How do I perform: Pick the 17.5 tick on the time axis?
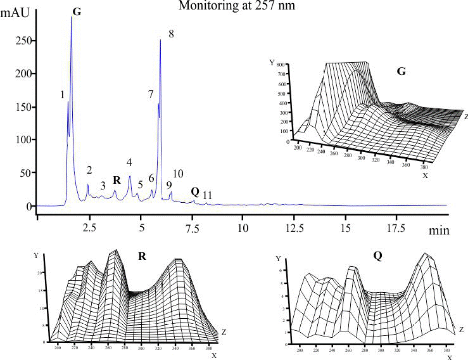pos(395,226)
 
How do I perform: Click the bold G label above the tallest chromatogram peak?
pos(77,12)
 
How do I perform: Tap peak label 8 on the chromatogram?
pos(171,33)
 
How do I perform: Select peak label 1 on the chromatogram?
pos(62,95)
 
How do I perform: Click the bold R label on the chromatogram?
pos(116,179)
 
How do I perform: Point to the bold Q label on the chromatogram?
pos(194,191)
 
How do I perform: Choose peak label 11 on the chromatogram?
pos(207,195)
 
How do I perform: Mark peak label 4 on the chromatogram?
pos(129,163)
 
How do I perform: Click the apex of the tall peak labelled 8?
pos(161,40)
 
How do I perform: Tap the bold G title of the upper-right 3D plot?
pos(401,72)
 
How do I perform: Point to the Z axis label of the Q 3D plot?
pos(462,330)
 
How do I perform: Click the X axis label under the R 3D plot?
pos(214,356)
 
